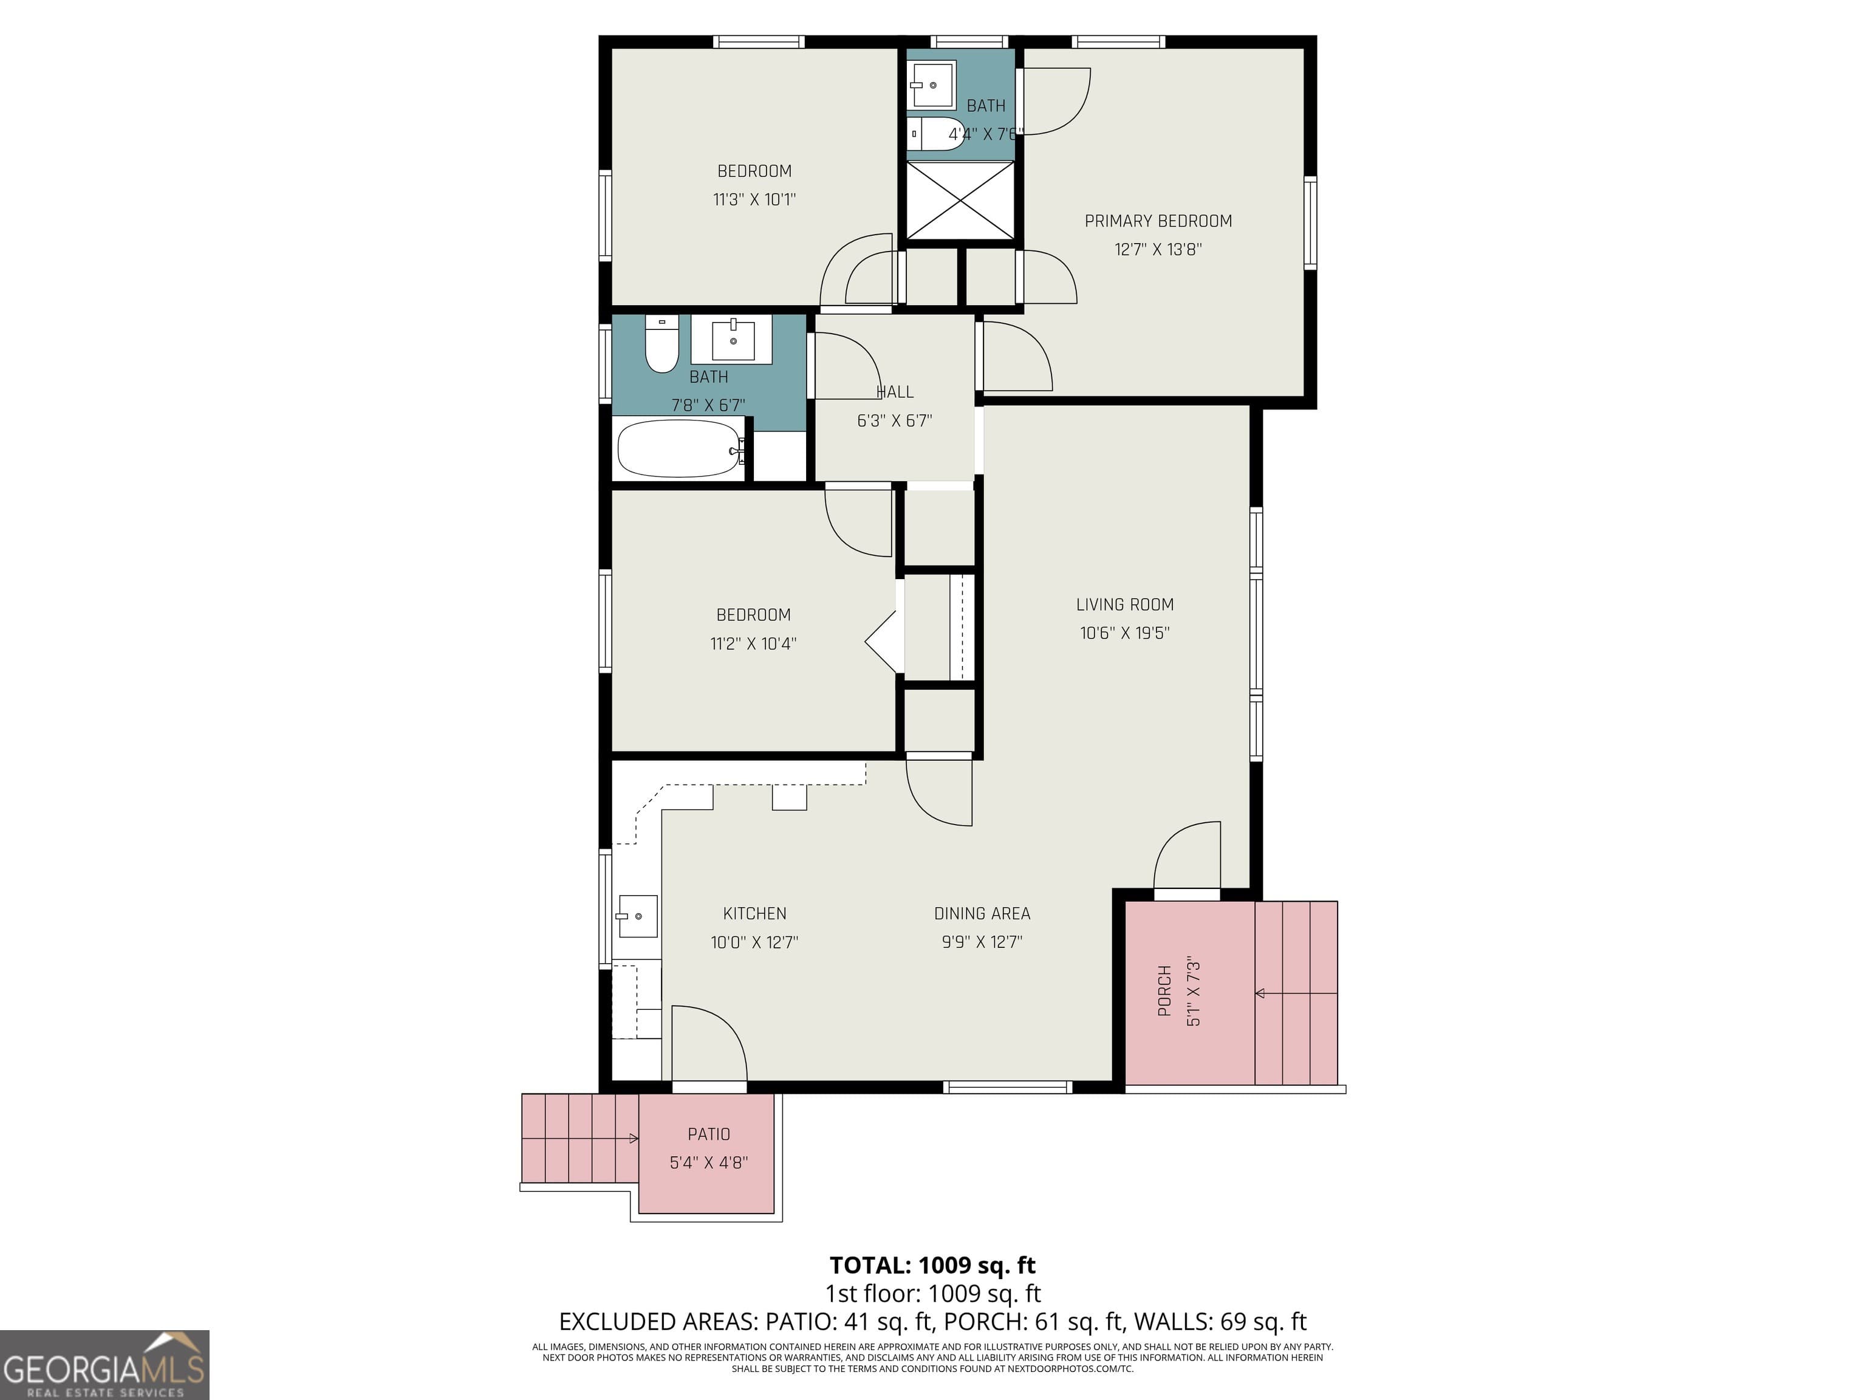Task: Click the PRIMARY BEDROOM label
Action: coord(1157,221)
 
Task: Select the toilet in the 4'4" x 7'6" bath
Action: coord(937,133)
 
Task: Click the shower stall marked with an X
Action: coord(959,200)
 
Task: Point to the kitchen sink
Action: coord(637,916)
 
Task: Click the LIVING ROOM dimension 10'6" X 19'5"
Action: coord(1124,633)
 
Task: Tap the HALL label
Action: coord(894,391)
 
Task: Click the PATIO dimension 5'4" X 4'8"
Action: coord(709,1163)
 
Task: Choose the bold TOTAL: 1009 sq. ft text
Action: coord(932,1265)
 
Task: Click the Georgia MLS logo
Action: coord(104,1365)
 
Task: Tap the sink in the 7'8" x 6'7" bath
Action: coord(732,340)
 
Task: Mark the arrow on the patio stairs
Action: coord(633,1138)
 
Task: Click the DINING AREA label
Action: coord(982,913)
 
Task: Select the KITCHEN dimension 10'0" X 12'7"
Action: coord(754,942)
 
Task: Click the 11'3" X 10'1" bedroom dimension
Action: coord(754,200)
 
